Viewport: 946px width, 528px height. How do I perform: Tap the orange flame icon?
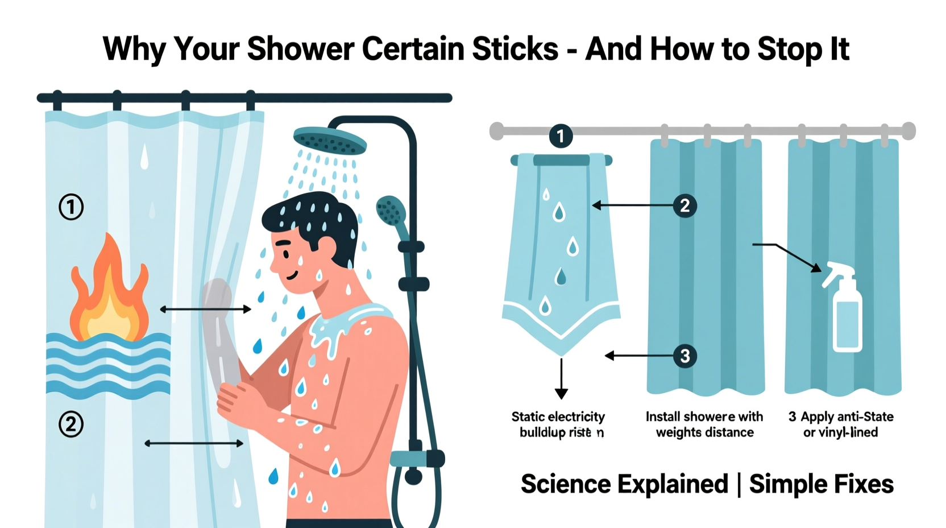(x=108, y=293)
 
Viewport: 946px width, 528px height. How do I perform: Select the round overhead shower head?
(x=330, y=140)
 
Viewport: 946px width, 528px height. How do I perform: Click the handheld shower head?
(x=391, y=211)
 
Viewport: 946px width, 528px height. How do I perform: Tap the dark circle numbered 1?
(x=561, y=136)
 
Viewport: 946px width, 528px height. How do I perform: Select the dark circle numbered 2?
(x=684, y=205)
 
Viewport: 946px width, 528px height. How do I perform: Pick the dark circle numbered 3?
(x=684, y=356)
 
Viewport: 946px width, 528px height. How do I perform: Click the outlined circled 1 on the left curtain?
(x=71, y=207)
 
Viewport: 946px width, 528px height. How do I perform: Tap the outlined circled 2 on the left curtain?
(x=71, y=424)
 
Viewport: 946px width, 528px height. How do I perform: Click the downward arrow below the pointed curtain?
(x=561, y=378)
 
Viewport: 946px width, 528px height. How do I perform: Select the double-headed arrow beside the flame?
(x=205, y=310)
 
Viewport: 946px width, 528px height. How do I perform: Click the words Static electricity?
(x=558, y=416)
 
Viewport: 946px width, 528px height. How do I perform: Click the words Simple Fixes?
(x=821, y=484)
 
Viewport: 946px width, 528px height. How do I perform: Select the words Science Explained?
(x=624, y=484)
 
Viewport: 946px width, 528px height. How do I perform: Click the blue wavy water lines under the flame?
(x=108, y=364)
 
